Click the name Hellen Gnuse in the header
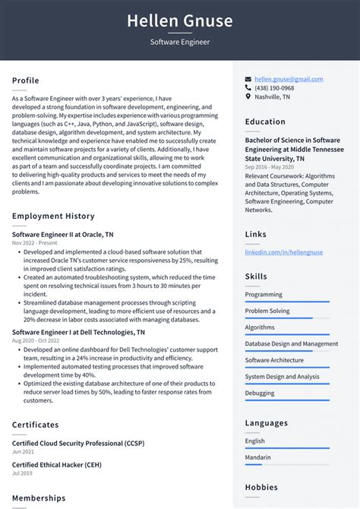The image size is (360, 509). point(179,21)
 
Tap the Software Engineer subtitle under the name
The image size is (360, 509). point(179,42)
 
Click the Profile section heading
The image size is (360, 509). point(26,81)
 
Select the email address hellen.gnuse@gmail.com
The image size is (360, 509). point(289,79)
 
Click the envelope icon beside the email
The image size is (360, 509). point(248,79)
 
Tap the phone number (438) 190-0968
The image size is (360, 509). point(274,88)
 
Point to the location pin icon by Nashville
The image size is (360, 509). point(248,97)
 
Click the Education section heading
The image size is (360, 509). point(265,122)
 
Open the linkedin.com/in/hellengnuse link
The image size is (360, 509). point(283,252)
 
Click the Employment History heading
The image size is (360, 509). point(53,217)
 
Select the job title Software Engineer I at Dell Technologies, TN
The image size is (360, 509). point(79,332)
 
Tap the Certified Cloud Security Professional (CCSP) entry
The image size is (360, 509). point(78,442)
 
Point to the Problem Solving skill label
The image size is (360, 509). point(267,311)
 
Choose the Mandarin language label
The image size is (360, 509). point(257,457)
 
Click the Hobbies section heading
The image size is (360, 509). point(261,487)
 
